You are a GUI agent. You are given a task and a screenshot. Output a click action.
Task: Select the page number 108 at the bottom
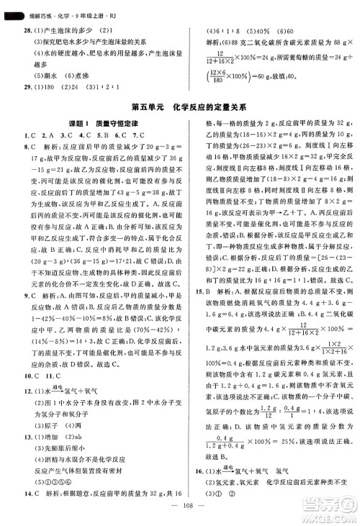pyautogui.click(x=179, y=516)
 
